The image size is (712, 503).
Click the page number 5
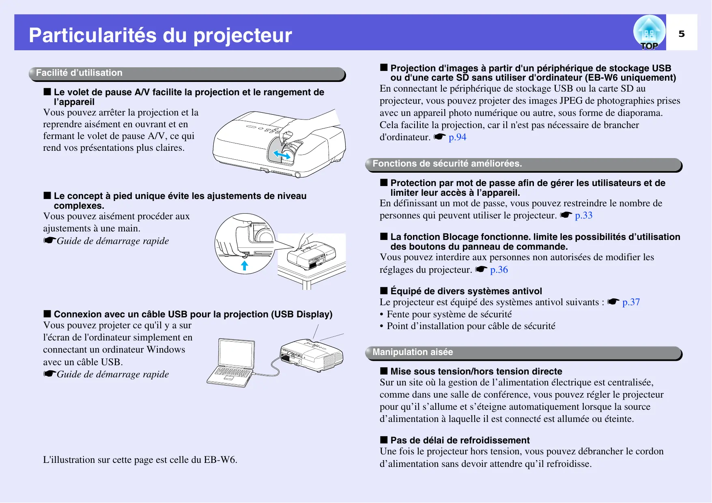[682, 34]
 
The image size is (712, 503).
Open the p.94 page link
[458, 137]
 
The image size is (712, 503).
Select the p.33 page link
[584, 215]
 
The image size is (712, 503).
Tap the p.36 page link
[499, 270]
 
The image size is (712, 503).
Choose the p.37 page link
[631, 302]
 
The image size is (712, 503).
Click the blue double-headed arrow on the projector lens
[282, 154]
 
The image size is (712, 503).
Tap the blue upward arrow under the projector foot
[244, 265]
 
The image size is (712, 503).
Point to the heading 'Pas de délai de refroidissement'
[460, 440]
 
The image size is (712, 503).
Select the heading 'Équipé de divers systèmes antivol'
[466, 291]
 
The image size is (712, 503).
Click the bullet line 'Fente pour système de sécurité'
[449, 314]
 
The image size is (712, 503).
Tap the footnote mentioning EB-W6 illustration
[140, 460]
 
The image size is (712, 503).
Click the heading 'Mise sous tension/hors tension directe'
[476, 371]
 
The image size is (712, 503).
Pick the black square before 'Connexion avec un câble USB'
[47, 314]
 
